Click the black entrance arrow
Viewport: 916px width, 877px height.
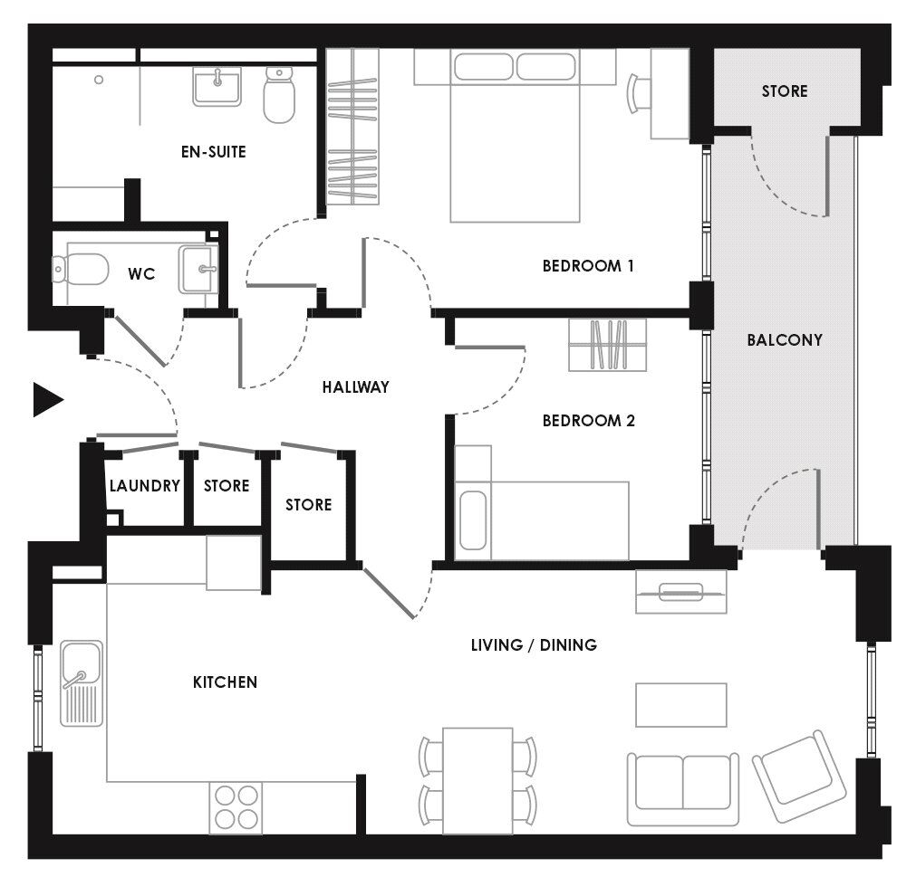coord(46,399)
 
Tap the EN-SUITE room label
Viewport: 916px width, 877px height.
coord(213,152)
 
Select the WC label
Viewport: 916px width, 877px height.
coord(141,273)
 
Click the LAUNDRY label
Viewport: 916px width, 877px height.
coord(145,486)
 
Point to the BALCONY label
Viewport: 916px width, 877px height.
coord(785,340)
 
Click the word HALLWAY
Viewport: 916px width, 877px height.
coord(355,387)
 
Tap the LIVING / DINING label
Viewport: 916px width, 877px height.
coord(534,645)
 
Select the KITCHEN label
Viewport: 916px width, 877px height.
coord(225,682)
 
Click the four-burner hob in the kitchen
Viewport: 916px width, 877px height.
coord(236,808)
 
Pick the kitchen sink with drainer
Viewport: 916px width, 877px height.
coord(82,683)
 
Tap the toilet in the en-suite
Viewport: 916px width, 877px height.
coord(279,98)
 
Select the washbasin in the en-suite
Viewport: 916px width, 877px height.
coord(217,87)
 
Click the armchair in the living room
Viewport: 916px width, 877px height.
coord(799,776)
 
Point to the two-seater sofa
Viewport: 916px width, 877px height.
coord(682,787)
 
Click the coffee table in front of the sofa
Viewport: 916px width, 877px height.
coord(680,705)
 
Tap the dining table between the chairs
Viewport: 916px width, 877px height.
coord(477,779)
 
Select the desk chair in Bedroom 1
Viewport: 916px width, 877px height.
coord(639,92)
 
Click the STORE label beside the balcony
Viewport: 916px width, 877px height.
coord(784,91)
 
